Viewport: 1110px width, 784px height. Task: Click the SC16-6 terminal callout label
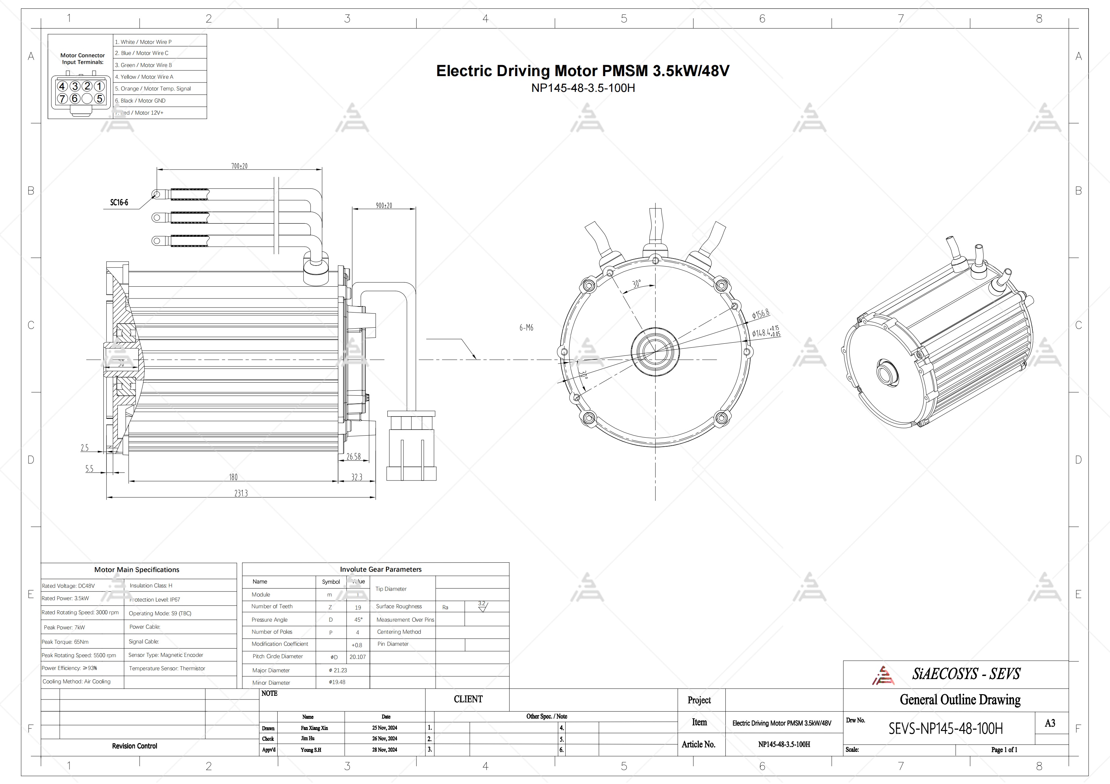(x=119, y=203)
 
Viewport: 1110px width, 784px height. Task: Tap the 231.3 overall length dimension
(x=241, y=493)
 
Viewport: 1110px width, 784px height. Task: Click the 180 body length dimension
(x=233, y=477)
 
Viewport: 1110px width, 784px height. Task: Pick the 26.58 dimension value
(x=353, y=456)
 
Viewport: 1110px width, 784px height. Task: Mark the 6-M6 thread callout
(x=526, y=328)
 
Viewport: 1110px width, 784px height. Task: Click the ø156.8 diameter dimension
(x=761, y=314)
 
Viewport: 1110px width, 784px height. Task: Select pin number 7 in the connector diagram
(x=62, y=99)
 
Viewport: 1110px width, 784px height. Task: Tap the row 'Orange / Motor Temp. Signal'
(x=153, y=89)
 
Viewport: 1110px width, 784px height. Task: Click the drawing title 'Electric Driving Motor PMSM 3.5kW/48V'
(x=583, y=71)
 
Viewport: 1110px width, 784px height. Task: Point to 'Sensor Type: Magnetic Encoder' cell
(x=166, y=655)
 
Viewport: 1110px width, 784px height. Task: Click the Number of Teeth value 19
(x=358, y=608)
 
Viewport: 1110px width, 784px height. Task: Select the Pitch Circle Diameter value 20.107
(x=358, y=657)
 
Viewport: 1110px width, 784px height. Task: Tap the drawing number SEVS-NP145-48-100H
(x=945, y=728)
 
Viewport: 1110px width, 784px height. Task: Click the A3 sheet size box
(x=1050, y=723)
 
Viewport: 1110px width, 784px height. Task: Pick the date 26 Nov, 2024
(x=385, y=739)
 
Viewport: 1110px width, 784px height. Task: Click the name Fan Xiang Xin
(x=314, y=728)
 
